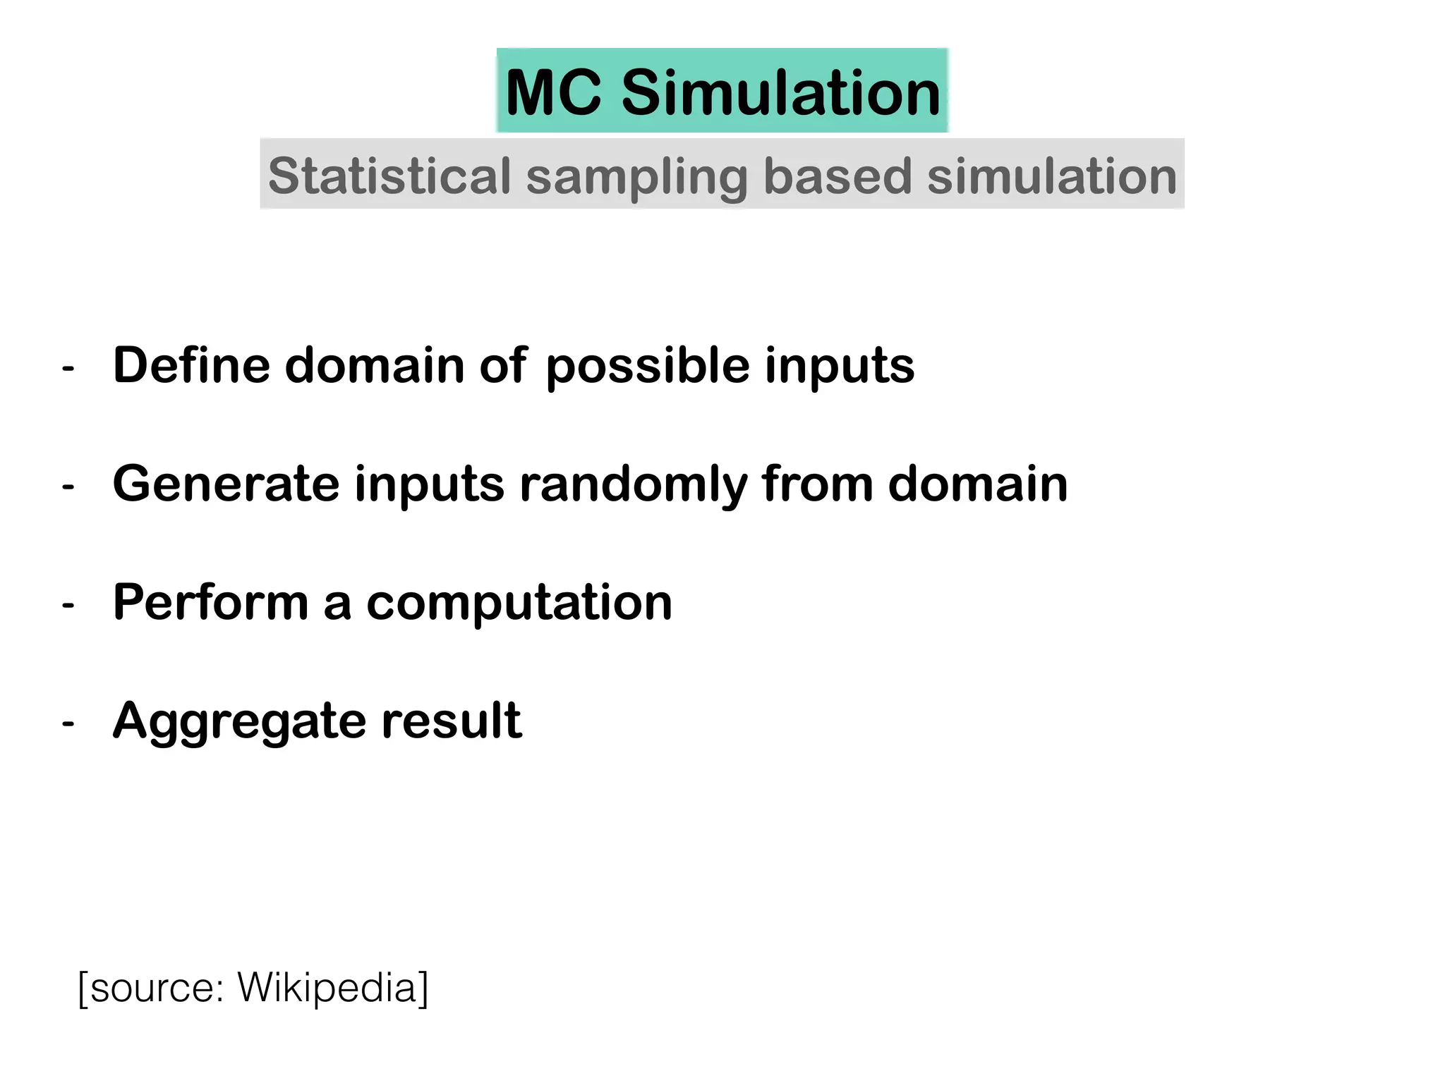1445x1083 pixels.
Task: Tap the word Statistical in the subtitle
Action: click(389, 176)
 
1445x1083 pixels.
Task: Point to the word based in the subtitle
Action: click(838, 176)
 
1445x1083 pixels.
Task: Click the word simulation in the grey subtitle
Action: click(1051, 176)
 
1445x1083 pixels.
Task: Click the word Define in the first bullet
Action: click(191, 365)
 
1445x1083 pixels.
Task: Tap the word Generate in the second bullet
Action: click(226, 484)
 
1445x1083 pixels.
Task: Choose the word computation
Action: click(519, 604)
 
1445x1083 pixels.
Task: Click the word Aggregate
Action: click(238, 723)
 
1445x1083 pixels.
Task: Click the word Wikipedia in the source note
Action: click(327, 989)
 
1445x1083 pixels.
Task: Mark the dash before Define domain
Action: click(68, 368)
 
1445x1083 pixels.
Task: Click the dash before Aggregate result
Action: click(68, 723)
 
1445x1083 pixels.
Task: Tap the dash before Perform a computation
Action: click(68, 605)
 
